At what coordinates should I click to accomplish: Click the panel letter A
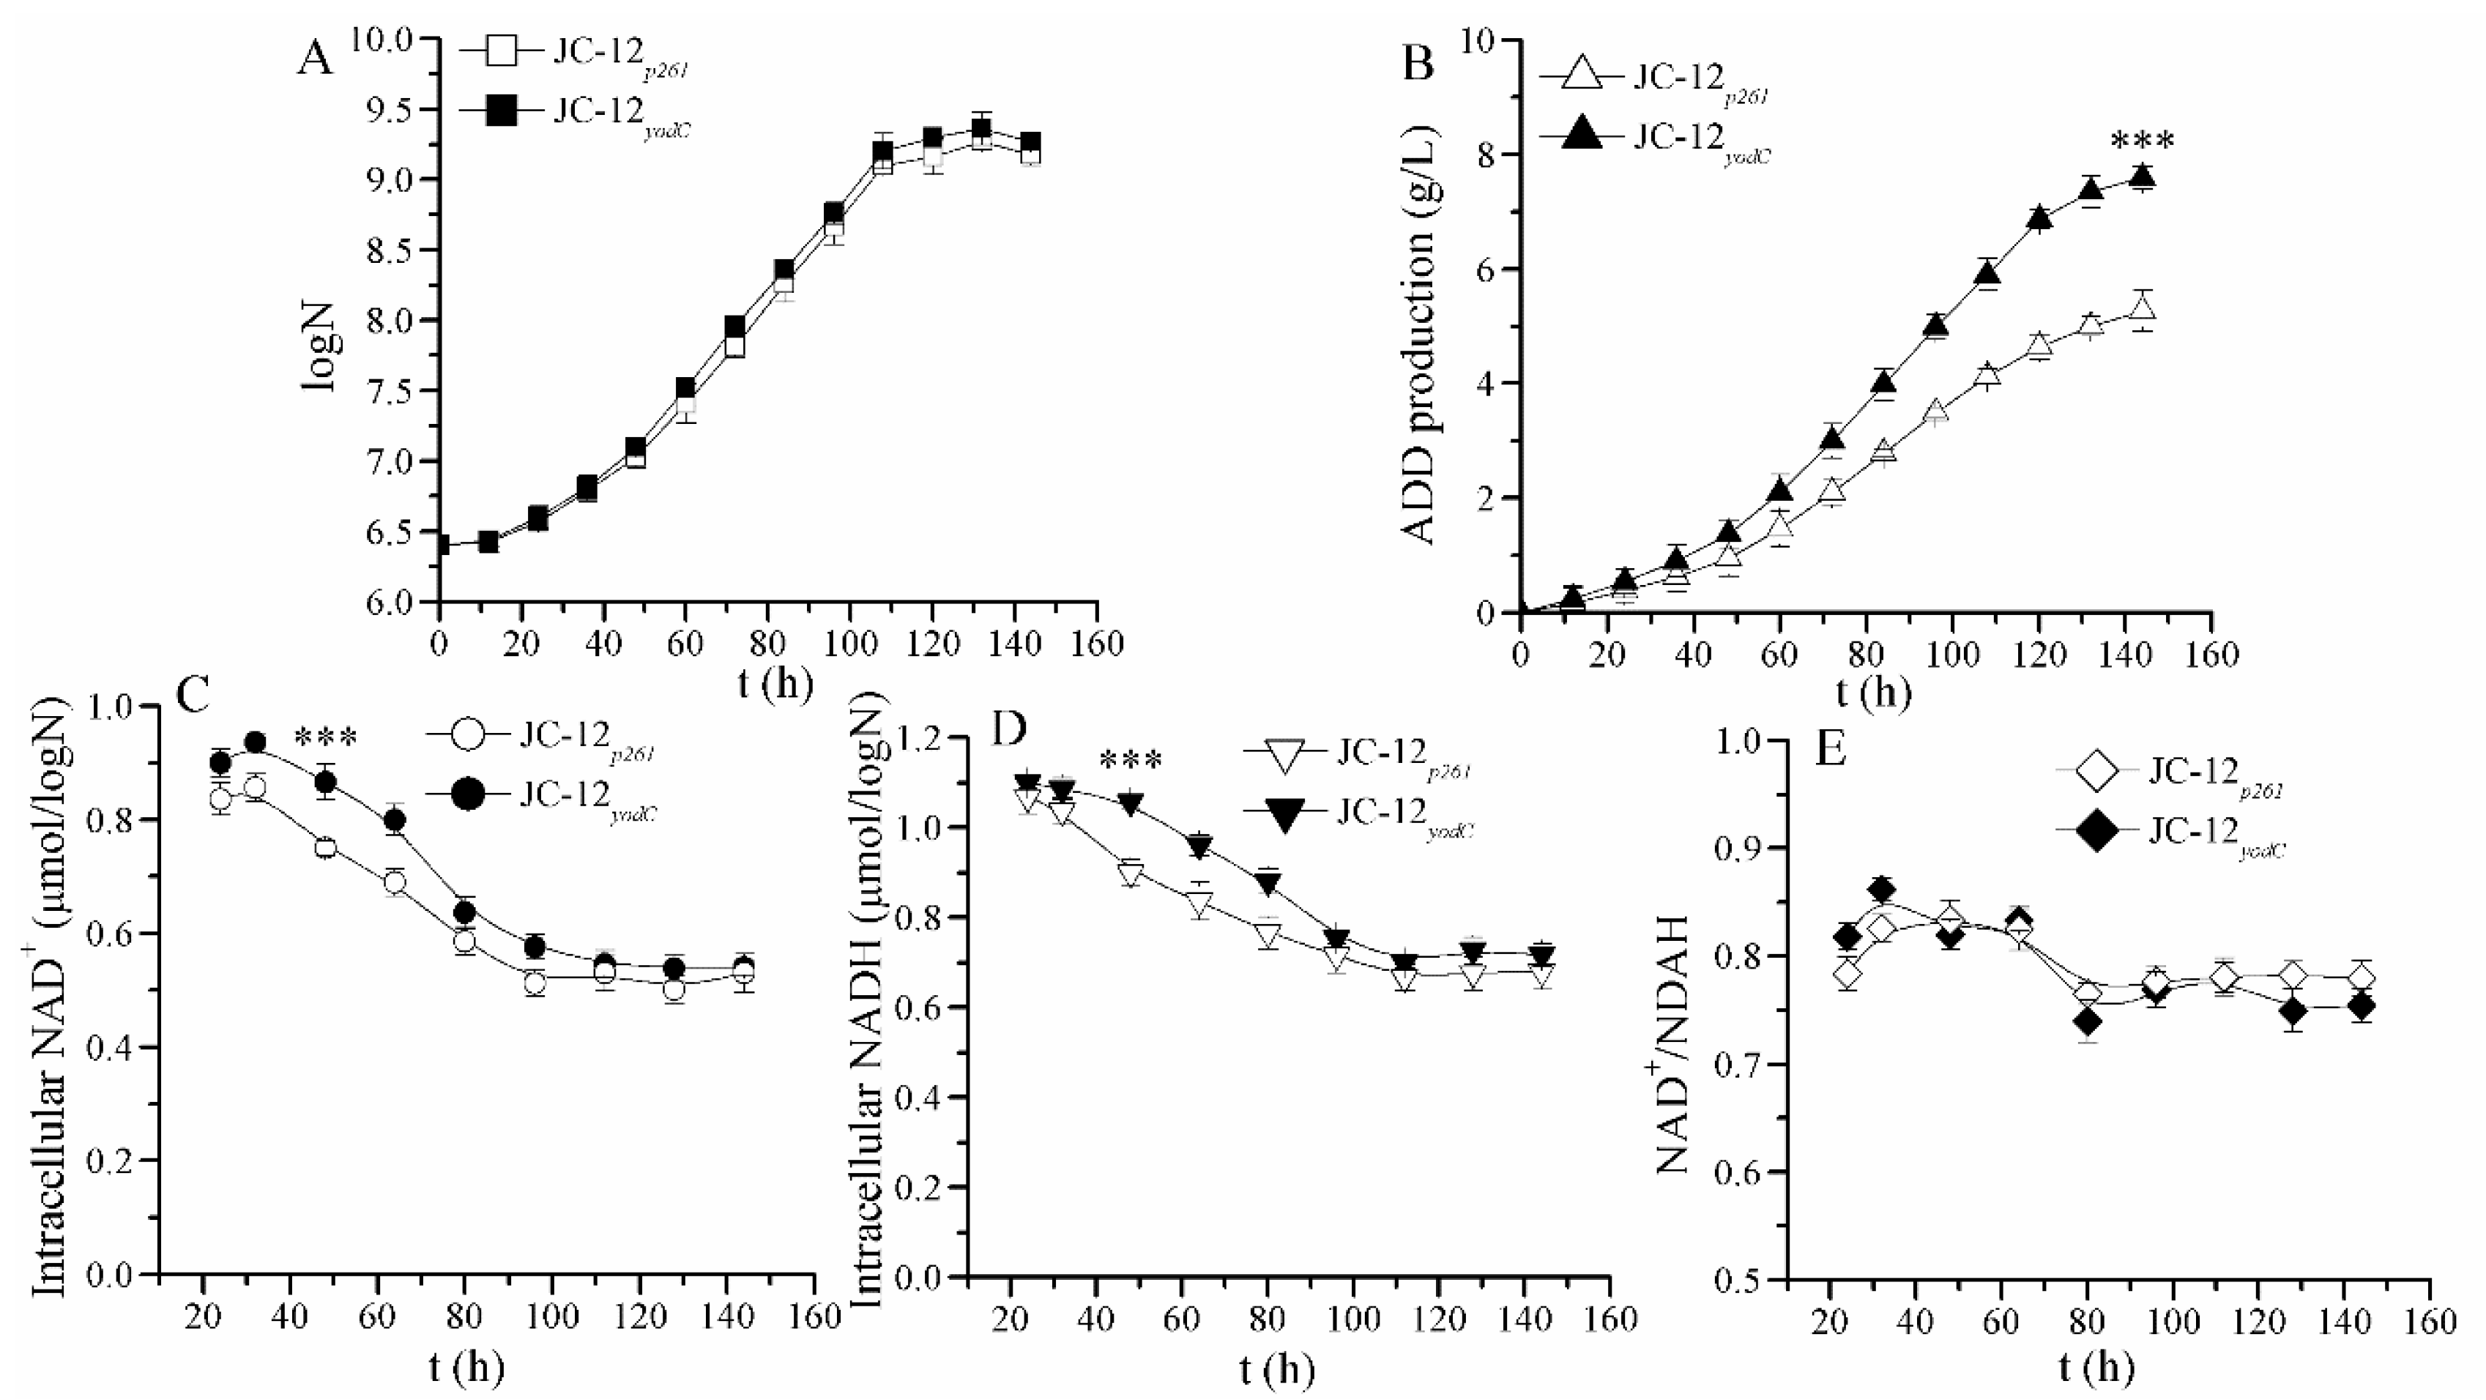[x=315, y=60]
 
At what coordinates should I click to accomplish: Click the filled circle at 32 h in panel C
[x=256, y=742]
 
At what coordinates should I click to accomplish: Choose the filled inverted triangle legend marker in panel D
[x=1284, y=817]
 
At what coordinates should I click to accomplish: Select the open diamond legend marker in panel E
[x=2099, y=772]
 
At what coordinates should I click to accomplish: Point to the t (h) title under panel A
[x=775, y=683]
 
